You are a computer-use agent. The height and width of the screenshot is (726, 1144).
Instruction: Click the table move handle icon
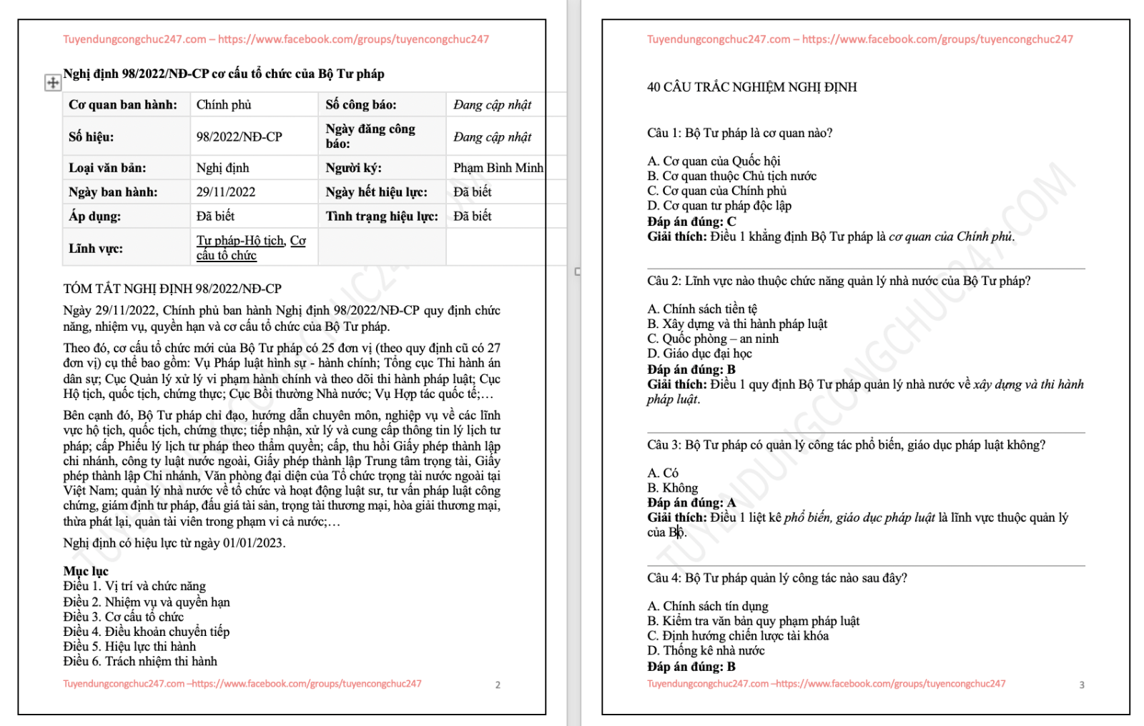pyautogui.click(x=53, y=83)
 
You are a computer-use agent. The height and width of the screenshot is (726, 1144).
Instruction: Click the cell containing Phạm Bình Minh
pyautogui.click(x=498, y=168)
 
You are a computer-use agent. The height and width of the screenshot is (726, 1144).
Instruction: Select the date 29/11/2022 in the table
pyautogui.click(x=226, y=192)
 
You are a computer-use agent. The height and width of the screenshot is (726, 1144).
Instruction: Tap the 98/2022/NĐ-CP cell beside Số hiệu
pyautogui.click(x=240, y=136)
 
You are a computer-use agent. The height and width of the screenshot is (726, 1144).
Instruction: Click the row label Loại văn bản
pyautogui.click(x=107, y=168)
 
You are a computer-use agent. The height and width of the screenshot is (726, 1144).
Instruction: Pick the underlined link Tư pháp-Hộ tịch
pyautogui.click(x=241, y=241)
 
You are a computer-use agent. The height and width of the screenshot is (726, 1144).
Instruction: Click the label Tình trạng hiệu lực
pyautogui.click(x=382, y=217)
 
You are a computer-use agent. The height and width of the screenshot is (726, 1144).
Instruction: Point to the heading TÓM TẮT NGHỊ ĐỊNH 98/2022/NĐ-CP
pyautogui.click(x=172, y=289)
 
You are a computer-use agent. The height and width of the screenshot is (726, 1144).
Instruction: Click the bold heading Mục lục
pyautogui.click(x=86, y=571)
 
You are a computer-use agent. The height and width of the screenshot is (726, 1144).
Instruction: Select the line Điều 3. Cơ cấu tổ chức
pyautogui.click(x=123, y=617)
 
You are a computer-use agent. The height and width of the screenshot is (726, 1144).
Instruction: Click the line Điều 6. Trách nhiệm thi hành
pyautogui.click(x=140, y=662)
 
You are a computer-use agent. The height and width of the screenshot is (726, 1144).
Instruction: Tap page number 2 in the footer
pyautogui.click(x=498, y=685)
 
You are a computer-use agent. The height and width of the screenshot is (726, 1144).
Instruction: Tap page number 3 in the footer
pyautogui.click(x=1082, y=685)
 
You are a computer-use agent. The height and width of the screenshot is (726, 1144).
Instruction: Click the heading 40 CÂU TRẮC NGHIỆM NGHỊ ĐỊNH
pyautogui.click(x=751, y=87)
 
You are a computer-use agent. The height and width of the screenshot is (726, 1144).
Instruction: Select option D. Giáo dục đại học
pyautogui.click(x=699, y=354)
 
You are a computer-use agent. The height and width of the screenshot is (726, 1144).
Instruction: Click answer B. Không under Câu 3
pyautogui.click(x=672, y=488)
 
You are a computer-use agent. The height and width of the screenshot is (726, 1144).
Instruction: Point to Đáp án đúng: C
pyautogui.click(x=691, y=222)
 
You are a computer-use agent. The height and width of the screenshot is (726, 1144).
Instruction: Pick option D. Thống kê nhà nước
pyautogui.click(x=706, y=651)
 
